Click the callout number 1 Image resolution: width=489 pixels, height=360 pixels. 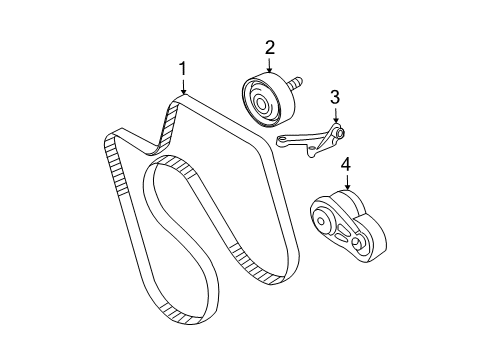[x=182, y=68]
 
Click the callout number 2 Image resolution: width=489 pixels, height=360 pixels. [x=270, y=46]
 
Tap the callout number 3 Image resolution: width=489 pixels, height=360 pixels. [x=336, y=97]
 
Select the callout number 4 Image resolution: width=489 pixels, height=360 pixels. [x=346, y=163]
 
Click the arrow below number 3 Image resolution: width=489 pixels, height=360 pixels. [x=336, y=115]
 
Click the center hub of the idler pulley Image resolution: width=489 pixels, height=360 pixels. [x=262, y=102]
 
